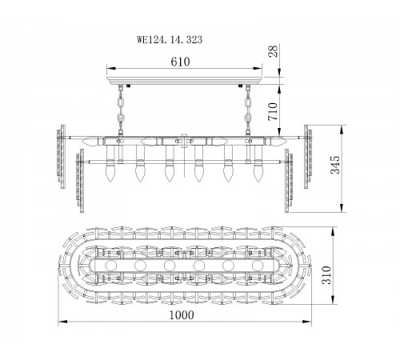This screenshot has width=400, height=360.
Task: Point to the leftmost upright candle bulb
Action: click(109, 171)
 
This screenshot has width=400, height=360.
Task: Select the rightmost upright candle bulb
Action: click(258, 171)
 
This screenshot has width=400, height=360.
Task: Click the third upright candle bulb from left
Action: click(167, 171)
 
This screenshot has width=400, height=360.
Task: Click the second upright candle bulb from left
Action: click(138, 171)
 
